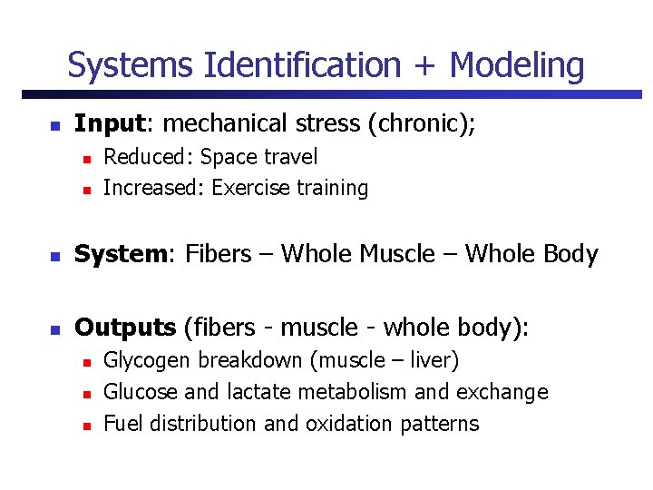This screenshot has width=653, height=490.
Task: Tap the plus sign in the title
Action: click(x=424, y=66)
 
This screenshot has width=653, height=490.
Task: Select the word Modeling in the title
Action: click(x=517, y=65)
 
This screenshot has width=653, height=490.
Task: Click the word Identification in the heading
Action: click(x=302, y=65)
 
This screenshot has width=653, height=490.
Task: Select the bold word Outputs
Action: click(x=125, y=327)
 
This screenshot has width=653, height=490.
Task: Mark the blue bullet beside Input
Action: click(x=54, y=124)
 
